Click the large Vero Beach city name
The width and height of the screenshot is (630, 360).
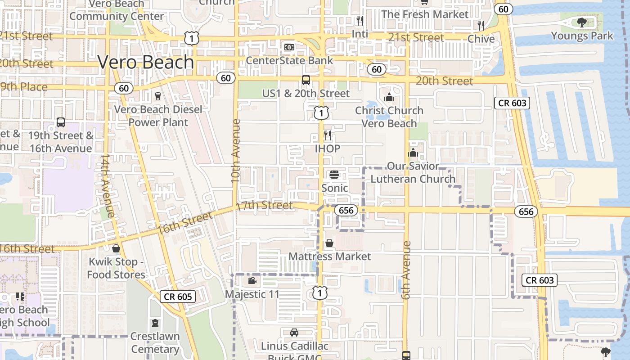(146, 62)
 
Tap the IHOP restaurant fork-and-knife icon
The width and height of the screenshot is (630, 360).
(328, 135)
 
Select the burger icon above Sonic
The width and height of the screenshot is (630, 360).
(334, 175)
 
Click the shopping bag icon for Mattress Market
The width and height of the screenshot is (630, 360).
(329, 243)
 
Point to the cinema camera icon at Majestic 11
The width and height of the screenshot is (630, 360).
(252, 281)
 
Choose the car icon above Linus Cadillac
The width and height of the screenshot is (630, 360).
(294, 333)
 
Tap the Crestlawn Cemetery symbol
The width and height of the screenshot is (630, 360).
(155, 323)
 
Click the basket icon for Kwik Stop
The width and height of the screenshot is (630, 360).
(116, 248)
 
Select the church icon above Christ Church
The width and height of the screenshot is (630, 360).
(389, 97)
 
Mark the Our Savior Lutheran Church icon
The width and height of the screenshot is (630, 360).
(413, 153)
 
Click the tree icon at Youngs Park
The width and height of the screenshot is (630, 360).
(582, 22)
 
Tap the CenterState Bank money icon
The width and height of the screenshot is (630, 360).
(289, 47)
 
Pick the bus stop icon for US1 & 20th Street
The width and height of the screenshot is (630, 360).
(306, 80)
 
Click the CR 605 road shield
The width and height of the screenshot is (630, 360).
(178, 296)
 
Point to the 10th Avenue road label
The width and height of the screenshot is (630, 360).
(236, 151)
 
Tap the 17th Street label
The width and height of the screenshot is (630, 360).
(264, 206)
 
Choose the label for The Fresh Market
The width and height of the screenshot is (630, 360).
(425, 14)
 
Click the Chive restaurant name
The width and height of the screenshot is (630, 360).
(481, 39)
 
